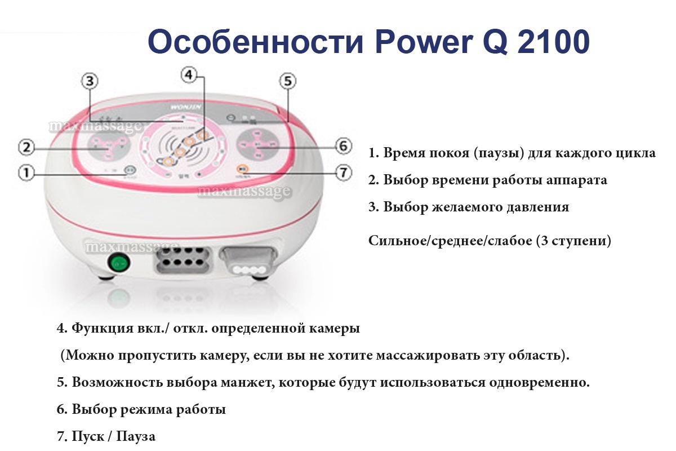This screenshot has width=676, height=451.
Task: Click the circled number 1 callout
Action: point(26,172)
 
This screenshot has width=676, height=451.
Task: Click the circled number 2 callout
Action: point(26,148)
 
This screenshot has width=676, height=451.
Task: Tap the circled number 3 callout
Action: point(89,81)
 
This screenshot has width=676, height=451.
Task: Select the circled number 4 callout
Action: point(189,74)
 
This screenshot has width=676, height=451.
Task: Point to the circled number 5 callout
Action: point(288,81)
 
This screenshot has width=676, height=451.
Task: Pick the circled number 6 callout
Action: point(344,145)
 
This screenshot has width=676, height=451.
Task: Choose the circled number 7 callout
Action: point(344,173)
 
